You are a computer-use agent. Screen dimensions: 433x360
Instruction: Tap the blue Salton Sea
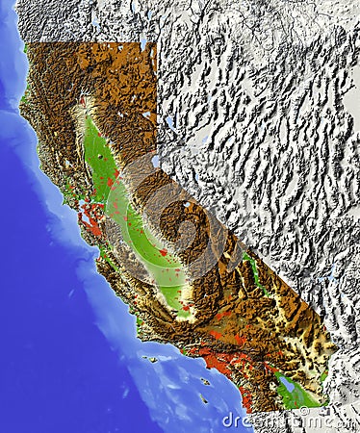click(287, 384)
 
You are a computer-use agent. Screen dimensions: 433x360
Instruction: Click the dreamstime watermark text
click(289, 420)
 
